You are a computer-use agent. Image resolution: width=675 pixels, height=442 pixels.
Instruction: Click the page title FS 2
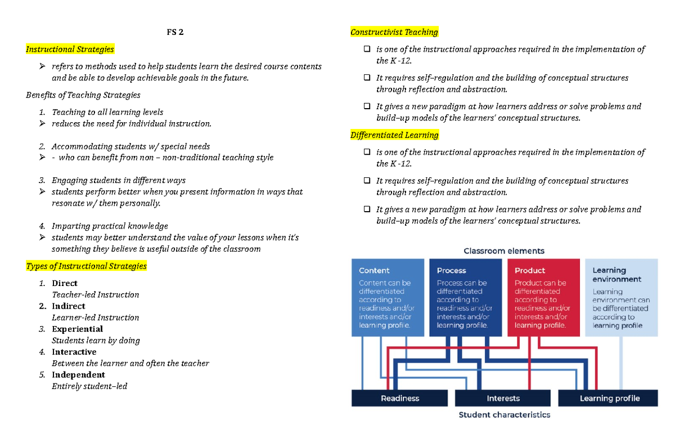[175, 32]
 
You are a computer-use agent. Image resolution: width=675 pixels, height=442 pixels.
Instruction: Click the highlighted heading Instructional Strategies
[70, 50]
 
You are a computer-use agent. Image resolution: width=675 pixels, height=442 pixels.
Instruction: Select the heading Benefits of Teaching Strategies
[83, 95]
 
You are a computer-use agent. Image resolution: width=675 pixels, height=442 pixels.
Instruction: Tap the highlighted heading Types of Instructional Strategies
[86, 266]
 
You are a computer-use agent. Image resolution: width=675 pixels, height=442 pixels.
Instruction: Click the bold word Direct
[65, 283]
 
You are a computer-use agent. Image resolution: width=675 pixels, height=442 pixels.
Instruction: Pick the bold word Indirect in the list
[69, 306]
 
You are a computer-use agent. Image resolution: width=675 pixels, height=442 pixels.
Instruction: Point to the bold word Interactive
[74, 352]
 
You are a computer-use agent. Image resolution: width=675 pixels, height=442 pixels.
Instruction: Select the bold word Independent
[78, 374]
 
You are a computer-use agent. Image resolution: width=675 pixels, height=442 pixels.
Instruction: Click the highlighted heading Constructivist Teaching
[394, 32]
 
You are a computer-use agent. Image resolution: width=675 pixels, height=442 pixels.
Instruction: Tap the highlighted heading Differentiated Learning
[394, 135]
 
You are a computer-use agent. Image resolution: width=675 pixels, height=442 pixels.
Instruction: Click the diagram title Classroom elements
[503, 251]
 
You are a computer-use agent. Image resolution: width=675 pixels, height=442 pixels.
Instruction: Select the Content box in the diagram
[388, 297]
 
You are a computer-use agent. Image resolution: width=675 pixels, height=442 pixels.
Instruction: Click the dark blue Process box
[465, 297]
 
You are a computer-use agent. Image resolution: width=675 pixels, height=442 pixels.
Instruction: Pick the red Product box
[543, 297]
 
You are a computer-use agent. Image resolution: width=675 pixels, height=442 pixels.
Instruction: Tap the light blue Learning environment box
[621, 297]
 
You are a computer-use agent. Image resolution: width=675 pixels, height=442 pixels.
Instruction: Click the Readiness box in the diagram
[400, 398]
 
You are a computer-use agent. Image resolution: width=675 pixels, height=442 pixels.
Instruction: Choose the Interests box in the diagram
[503, 398]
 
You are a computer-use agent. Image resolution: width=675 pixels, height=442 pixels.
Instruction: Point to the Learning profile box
[609, 398]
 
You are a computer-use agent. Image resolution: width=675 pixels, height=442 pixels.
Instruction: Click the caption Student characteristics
[504, 415]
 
